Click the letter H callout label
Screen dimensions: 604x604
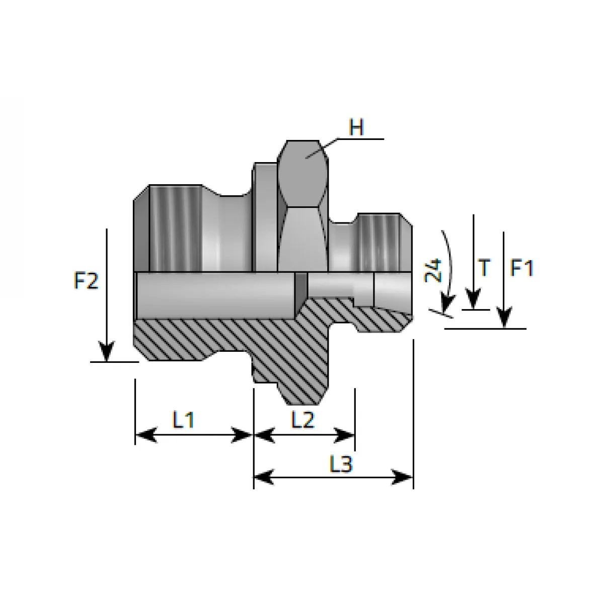(x=356, y=127)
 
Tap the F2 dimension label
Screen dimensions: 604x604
(x=86, y=280)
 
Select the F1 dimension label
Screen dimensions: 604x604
(x=522, y=268)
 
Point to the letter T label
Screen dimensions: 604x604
(x=485, y=268)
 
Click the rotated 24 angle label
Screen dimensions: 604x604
(x=433, y=270)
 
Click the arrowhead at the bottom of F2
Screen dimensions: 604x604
(x=107, y=351)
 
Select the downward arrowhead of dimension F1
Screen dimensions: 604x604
(x=504, y=318)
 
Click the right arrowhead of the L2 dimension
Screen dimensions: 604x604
(x=344, y=435)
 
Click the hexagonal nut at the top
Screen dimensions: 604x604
(x=303, y=206)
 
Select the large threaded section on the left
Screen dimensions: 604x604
(x=175, y=228)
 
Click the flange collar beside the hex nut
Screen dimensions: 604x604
(x=265, y=217)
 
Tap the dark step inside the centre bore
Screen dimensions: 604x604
(x=301, y=286)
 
